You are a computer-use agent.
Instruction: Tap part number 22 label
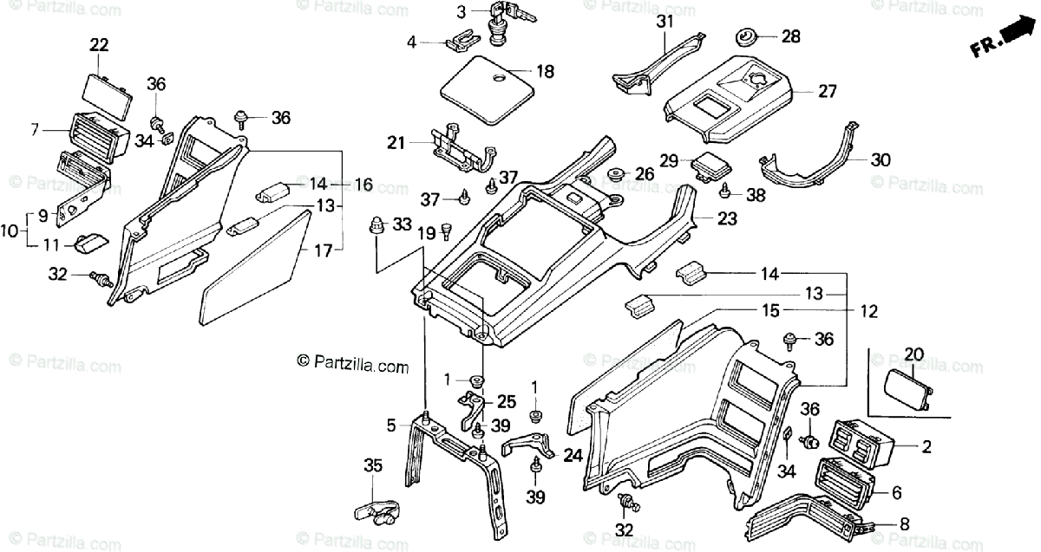[99, 45]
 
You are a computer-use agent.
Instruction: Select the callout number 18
[545, 72]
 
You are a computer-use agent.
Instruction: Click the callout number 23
[726, 219]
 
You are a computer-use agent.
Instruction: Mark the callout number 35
[373, 466]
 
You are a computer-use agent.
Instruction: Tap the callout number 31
[665, 22]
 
